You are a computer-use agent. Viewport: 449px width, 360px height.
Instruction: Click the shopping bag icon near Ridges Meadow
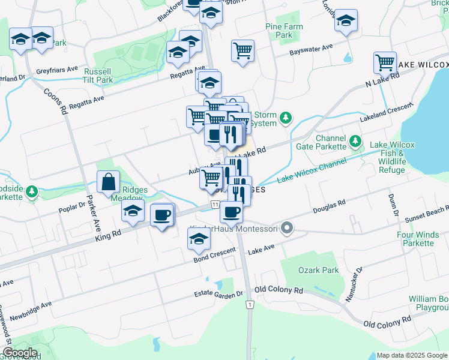click(x=108, y=182)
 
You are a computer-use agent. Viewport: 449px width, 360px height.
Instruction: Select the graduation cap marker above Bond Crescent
click(x=199, y=239)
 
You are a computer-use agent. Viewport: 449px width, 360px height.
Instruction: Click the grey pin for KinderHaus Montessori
click(x=287, y=228)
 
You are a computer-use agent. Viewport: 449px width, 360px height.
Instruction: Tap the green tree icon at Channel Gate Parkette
click(x=357, y=142)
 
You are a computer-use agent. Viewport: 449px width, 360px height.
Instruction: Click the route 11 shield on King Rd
click(x=214, y=205)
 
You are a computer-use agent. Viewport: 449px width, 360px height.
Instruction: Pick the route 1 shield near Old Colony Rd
click(x=249, y=305)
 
